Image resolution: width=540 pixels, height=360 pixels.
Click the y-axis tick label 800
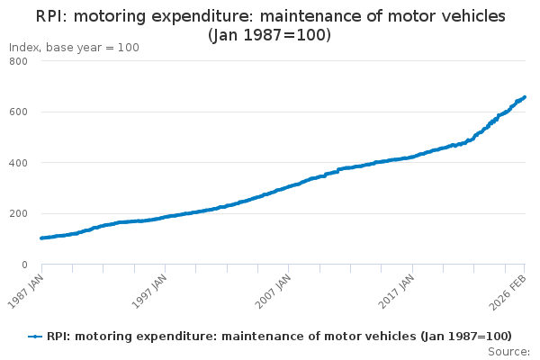18,61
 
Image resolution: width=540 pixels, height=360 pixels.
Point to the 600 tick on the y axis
18,112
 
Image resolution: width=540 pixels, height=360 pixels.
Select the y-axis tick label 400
18,163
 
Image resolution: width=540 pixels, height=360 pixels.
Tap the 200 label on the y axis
18,214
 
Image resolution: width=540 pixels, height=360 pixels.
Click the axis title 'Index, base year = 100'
74,48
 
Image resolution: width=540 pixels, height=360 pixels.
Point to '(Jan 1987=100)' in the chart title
270,35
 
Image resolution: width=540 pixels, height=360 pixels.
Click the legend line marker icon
35,337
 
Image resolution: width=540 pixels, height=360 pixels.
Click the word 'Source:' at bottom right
508,351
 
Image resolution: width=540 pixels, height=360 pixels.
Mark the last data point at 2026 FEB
525,97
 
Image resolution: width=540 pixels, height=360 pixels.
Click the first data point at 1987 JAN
42,238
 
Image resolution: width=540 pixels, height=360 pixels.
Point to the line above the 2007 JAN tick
289,186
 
